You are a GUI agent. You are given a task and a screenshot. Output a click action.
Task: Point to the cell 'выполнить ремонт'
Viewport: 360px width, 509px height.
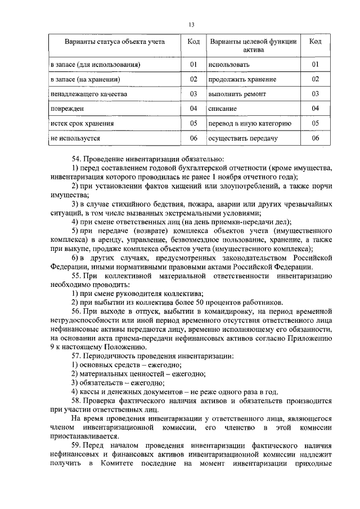[x=236, y=93]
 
